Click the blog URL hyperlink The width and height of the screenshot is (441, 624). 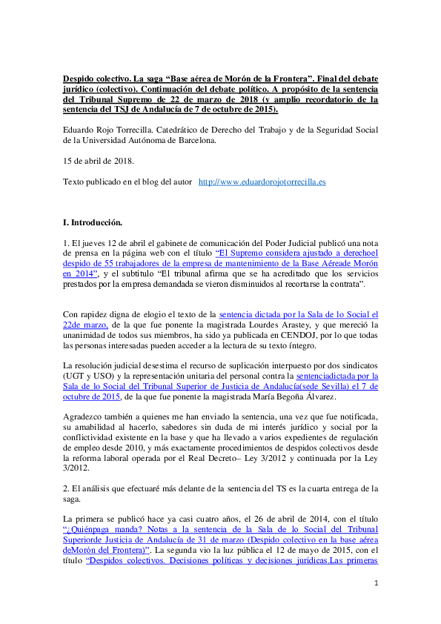[x=262, y=182]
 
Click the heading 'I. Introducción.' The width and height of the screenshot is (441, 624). [x=93, y=222]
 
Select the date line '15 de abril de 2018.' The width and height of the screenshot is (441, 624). [x=99, y=161]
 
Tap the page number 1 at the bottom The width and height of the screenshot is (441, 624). [x=376, y=583]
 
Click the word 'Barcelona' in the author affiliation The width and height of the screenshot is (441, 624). [x=196, y=141]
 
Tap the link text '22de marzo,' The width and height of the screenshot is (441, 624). [x=85, y=325]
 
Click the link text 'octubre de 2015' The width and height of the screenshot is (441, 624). [x=92, y=396]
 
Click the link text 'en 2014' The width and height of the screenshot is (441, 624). [x=79, y=273]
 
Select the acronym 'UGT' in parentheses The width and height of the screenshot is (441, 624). [x=73, y=376]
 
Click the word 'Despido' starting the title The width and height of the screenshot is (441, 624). [x=78, y=79]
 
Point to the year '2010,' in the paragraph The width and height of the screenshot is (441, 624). [x=135, y=448]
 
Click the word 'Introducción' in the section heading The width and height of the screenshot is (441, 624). [x=96, y=222]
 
